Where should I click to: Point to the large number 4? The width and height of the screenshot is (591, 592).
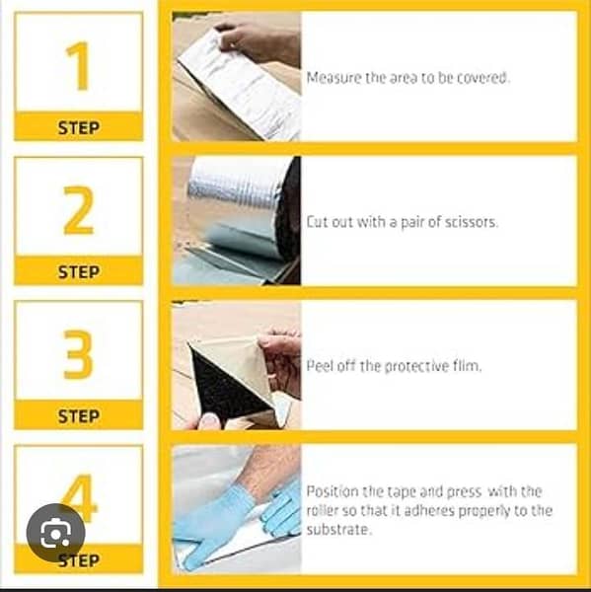[85, 497]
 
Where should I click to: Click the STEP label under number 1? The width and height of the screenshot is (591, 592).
[78, 127]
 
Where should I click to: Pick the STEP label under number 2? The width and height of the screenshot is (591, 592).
[78, 271]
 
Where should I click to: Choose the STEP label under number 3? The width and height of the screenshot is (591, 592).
[78, 415]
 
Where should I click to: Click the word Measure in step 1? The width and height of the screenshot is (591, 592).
[332, 77]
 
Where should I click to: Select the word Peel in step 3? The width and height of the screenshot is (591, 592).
[320, 366]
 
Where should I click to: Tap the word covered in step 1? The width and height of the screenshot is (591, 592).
[483, 77]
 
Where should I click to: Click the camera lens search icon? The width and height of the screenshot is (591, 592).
[55, 533]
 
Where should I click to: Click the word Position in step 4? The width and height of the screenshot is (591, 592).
[331, 491]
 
